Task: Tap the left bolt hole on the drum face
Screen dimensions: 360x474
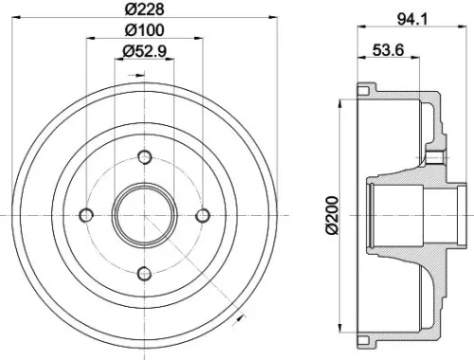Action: pyautogui.click(x=85, y=215)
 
